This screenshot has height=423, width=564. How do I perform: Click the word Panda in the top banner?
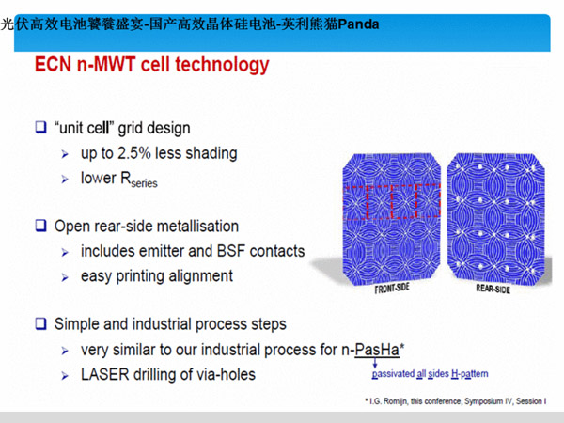click(x=358, y=24)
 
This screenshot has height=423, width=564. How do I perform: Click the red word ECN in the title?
click(x=53, y=65)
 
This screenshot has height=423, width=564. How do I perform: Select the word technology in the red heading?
click(x=222, y=66)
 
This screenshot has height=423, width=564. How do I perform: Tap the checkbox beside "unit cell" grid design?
click(x=40, y=127)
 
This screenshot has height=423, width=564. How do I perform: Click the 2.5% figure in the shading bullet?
click(x=134, y=153)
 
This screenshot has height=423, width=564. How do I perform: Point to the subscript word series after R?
click(x=144, y=183)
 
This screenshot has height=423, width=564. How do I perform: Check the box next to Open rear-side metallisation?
click(x=40, y=226)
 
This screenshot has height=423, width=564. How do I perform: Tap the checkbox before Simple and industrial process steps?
click(x=40, y=323)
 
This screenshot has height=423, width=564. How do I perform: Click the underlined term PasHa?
click(x=377, y=350)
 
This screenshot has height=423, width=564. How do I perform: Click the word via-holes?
click(x=226, y=374)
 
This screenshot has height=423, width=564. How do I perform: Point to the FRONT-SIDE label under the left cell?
click(x=392, y=289)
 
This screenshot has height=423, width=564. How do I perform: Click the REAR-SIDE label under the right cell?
click(x=493, y=289)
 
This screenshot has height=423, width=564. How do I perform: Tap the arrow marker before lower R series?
click(x=65, y=180)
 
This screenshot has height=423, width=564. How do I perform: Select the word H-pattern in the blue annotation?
click(x=470, y=374)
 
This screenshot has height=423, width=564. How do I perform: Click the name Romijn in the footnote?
click(x=396, y=401)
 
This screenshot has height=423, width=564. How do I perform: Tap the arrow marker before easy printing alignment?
click(x=65, y=277)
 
